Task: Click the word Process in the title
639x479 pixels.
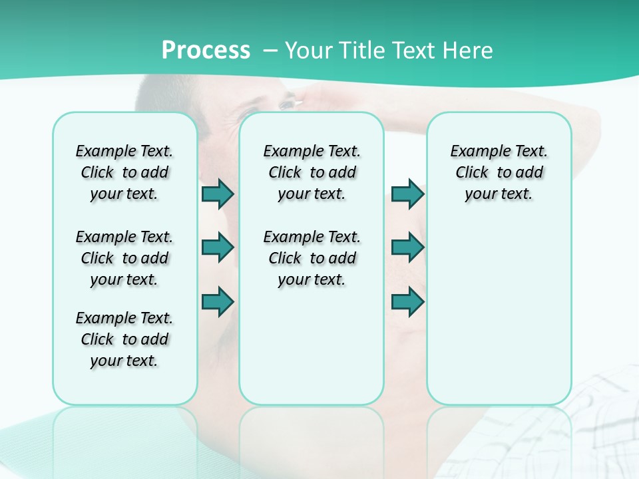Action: pos(206,51)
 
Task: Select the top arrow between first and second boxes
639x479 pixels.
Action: pos(218,194)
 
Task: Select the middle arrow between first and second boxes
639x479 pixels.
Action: pos(218,247)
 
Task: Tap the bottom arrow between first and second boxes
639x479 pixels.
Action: pos(218,301)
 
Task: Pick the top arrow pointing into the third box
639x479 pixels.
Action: pos(407,194)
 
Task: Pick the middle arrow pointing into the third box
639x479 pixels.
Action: pos(407,247)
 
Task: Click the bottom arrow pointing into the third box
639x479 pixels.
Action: pos(407,301)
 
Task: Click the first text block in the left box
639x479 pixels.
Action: pos(124,172)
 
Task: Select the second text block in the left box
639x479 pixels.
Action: pos(124,258)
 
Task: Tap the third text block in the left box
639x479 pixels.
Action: pos(124,339)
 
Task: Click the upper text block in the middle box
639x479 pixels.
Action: pos(312,172)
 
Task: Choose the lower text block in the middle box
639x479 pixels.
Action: pos(312,258)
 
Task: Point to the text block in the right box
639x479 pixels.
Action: pos(499,172)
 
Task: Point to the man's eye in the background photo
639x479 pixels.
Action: pos(286,104)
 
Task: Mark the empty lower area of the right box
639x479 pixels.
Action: pos(499,313)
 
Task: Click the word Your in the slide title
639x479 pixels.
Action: pos(310,51)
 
